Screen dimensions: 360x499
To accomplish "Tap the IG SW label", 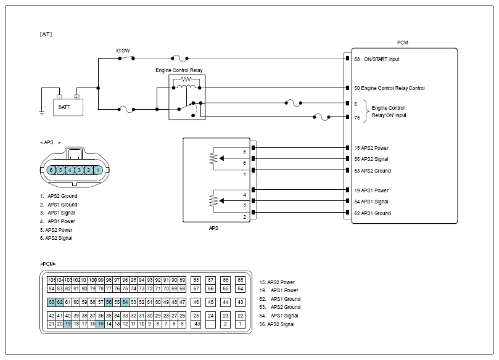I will click(x=122, y=51).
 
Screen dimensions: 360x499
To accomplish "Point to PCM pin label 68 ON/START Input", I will click(x=377, y=59).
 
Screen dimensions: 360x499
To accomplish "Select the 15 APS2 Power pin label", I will click(x=371, y=148).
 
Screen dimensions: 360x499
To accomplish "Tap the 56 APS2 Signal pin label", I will click(x=371, y=159).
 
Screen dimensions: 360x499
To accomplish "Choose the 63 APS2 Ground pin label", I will click(x=373, y=171).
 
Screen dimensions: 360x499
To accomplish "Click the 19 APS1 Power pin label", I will click(x=371, y=190).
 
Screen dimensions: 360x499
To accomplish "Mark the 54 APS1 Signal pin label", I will click(x=371, y=202).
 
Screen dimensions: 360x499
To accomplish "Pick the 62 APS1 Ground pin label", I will click(x=373, y=213).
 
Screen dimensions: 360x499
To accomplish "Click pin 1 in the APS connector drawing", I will click(x=98, y=170).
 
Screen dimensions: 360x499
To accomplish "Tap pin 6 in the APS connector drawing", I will click(x=51, y=170).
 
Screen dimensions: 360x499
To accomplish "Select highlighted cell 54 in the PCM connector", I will click(x=125, y=302).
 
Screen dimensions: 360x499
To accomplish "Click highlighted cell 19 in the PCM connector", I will click(x=67, y=324).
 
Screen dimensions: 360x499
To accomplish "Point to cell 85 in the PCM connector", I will click(x=241, y=280).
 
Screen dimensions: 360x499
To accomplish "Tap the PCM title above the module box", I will click(x=403, y=43).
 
